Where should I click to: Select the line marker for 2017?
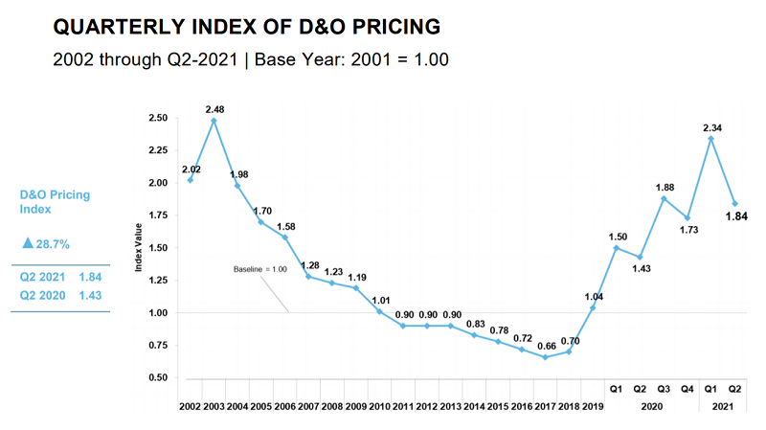545,357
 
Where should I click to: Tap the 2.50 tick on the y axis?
160,118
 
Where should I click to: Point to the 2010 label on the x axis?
378,408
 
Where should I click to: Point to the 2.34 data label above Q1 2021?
710,126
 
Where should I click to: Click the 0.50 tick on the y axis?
160,378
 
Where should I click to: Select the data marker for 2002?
190,180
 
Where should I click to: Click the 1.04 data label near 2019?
595,297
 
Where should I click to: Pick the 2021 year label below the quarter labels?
723,408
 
